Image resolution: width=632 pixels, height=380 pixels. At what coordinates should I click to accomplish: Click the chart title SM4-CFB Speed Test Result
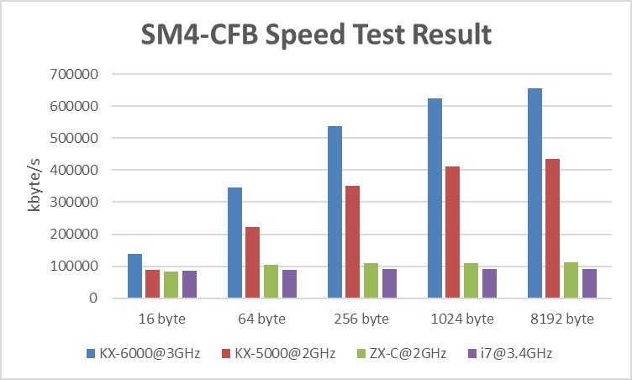(315, 36)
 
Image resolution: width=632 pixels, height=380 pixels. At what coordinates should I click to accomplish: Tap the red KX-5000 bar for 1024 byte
(453, 232)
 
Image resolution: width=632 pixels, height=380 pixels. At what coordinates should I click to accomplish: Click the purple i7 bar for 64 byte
(289, 284)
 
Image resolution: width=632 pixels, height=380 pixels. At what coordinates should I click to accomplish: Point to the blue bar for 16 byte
(134, 276)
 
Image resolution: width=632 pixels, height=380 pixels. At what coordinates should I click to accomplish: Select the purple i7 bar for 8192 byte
(589, 283)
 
